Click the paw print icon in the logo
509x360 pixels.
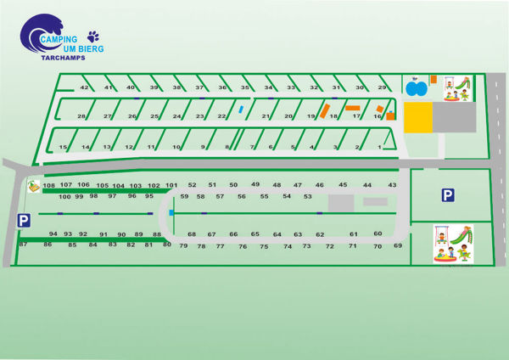tap(92, 37)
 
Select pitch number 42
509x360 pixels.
tap(84, 87)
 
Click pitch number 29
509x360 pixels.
tap(382, 87)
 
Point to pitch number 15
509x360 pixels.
tap(63, 147)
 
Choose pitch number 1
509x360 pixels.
tap(379, 147)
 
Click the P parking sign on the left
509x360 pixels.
tap(24, 220)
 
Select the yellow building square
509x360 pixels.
tap(416, 119)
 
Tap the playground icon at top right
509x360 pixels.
tap(455, 87)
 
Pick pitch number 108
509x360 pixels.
tap(48, 185)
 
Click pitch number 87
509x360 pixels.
tap(23, 244)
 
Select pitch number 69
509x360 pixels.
tap(397, 245)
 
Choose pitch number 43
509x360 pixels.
tap(392, 184)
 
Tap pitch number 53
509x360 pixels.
tap(307, 196)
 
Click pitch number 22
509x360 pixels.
tap(222, 116)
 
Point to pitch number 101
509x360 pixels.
tap(171, 185)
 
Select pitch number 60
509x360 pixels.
tap(378, 233)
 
